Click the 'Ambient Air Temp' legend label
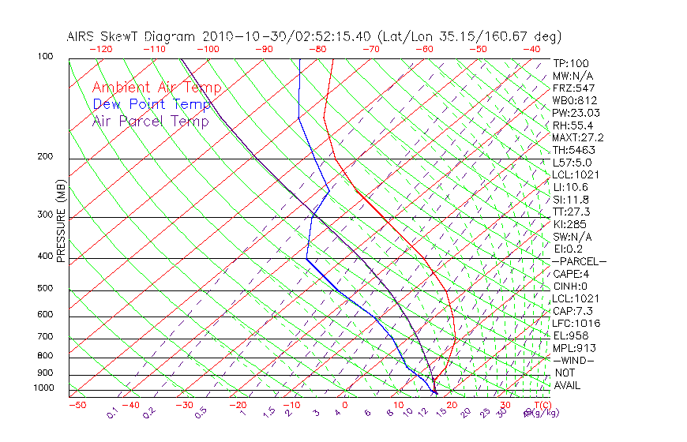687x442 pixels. (156, 88)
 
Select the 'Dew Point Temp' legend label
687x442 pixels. (152, 104)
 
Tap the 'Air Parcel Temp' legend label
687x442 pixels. (150, 121)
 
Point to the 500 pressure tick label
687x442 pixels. (45, 289)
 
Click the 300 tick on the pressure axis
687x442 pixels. (45, 215)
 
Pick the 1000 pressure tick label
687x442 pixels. (43, 388)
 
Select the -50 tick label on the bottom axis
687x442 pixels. (77, 405)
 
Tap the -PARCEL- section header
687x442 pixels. (579, 261)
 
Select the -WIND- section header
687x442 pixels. (574, 360)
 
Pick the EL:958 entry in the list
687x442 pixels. (570, 335)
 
